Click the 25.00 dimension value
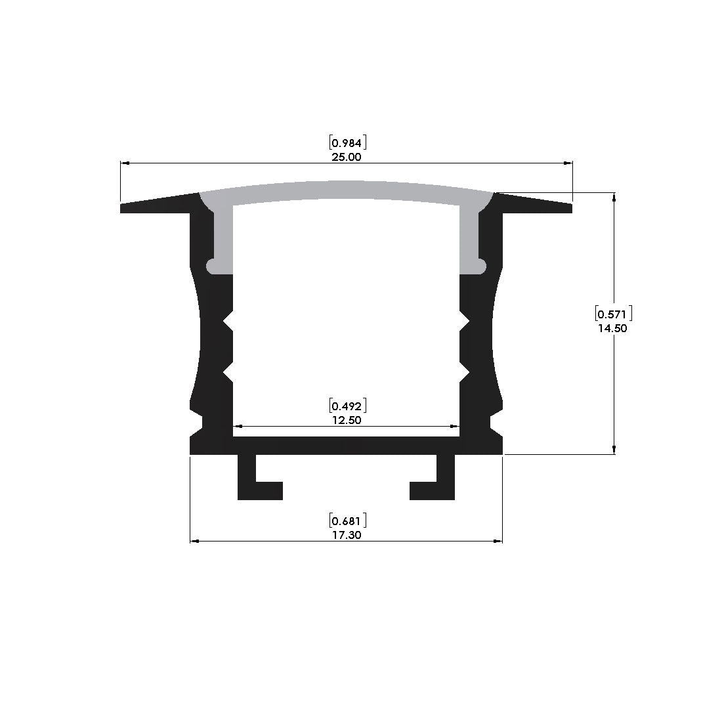(347, 157)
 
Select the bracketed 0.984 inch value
(348, 142)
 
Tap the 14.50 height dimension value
(612, 328)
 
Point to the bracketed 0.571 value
(613, 314)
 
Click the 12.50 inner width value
(347, 420)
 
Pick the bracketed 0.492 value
(348, 406)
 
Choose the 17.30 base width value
(347, 535)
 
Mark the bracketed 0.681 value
(348, 520)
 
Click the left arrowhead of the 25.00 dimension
(125, 163)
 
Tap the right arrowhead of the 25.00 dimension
(568, 163)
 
